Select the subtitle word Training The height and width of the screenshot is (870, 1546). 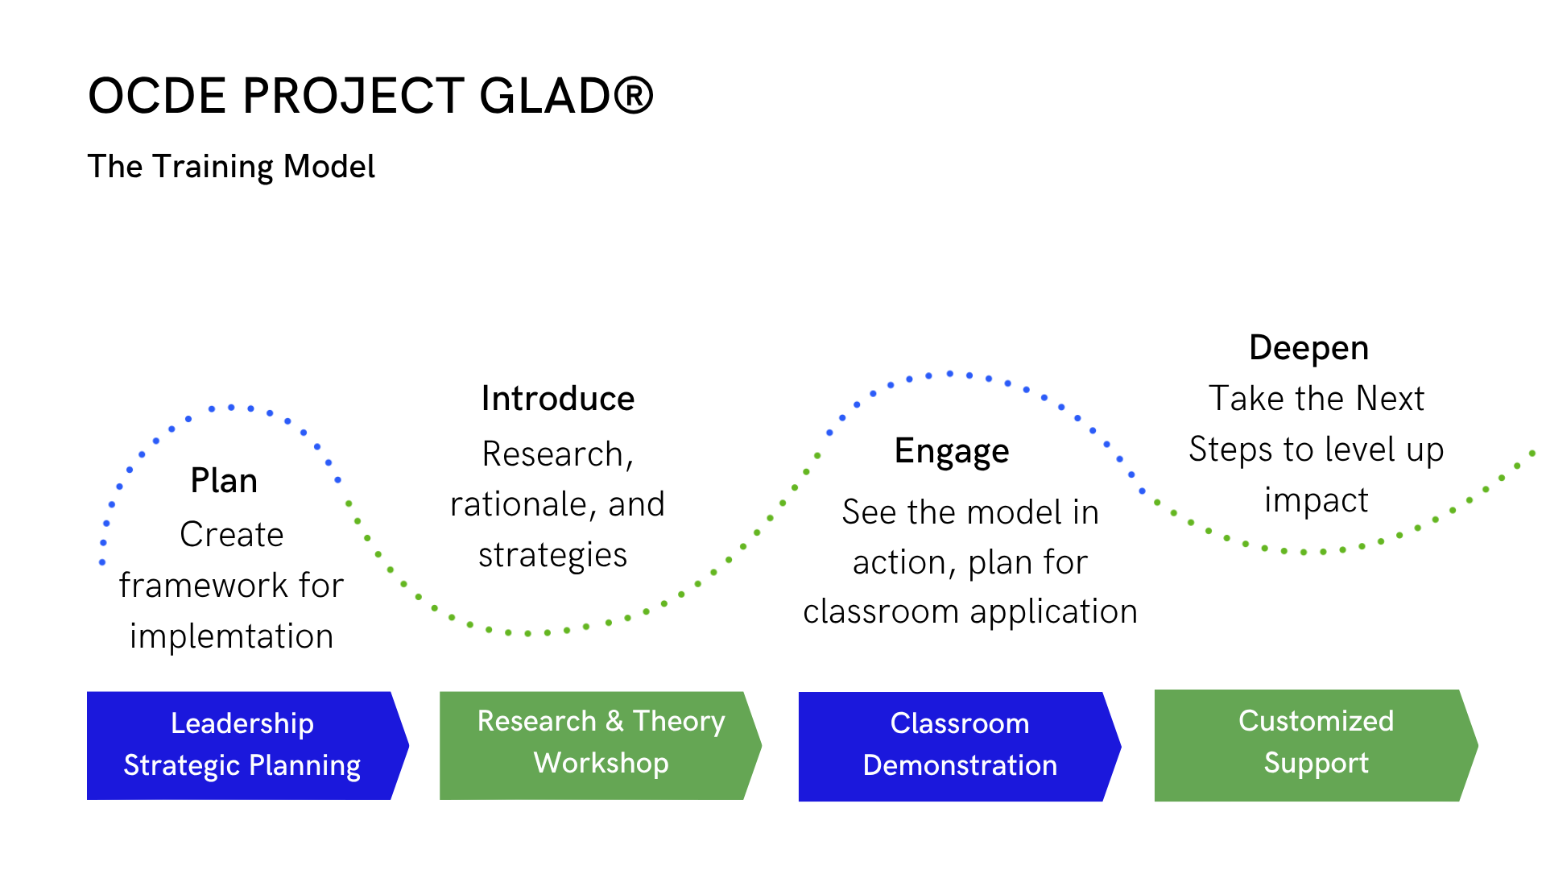213,167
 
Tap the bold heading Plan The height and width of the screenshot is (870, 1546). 224,481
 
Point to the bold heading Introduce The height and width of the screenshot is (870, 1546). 558,399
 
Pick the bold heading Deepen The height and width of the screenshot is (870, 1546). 1308,349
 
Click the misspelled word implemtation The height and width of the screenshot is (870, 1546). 232,636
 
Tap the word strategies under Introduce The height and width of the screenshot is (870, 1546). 553,556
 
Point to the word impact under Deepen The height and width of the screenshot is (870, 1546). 1317,501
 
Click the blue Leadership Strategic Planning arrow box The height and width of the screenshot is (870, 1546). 247,746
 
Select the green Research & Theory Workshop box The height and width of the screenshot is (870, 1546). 600,745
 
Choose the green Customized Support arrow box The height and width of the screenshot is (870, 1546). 1316,745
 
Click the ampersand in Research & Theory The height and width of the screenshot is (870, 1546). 614,721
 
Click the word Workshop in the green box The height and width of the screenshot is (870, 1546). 601,763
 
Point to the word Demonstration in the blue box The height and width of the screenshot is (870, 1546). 960,765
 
